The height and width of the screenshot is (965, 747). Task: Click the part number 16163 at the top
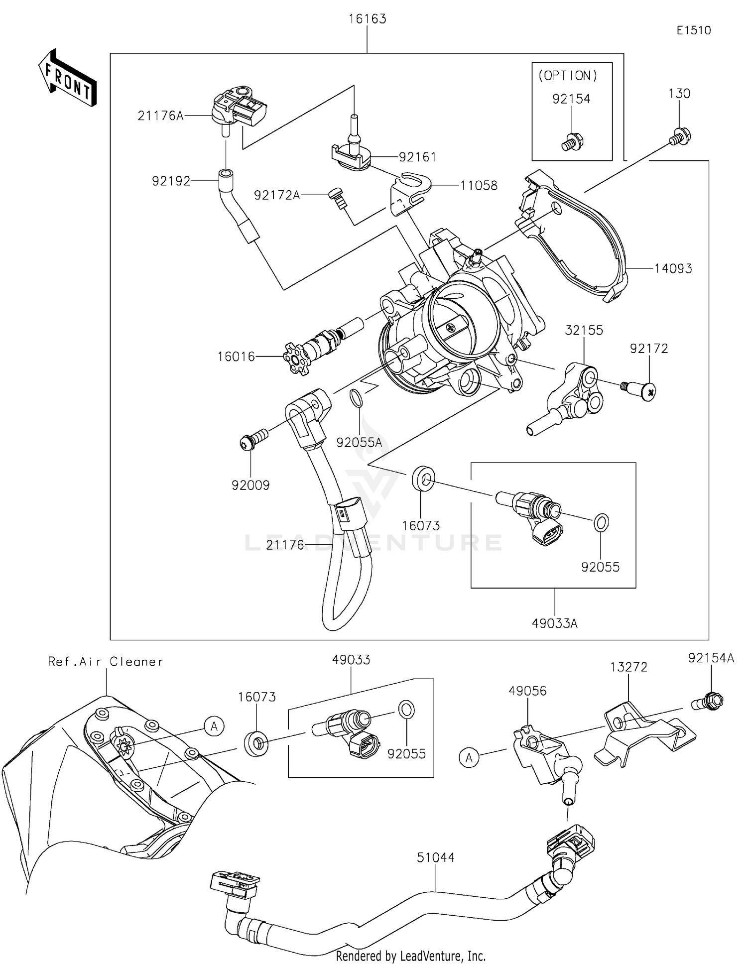(x=368, y=19)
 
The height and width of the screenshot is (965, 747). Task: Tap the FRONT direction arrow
(x=67, y=78)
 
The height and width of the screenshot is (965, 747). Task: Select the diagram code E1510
(x=693, y=30)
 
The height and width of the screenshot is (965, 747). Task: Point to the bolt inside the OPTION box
(x=572, y=142)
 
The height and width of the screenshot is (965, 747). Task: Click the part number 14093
(x=673, y=269)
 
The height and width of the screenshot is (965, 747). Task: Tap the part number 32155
(x=584, y=330)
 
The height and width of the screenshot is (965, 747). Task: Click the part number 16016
(x=236, y=357)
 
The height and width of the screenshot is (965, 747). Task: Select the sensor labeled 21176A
(x=240, y=107)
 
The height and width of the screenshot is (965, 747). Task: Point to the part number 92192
(x=171, y=181)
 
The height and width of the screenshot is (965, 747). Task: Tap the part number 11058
(x=479, y=186)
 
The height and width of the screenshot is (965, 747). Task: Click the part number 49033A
(x=554, y=623)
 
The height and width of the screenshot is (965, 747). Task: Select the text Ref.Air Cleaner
(x=106, y=661)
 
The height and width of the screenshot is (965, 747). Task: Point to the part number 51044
(x=436, y=857)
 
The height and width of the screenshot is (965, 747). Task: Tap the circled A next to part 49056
(x=469, y=758)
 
